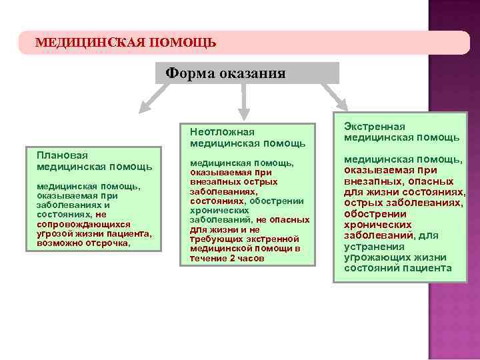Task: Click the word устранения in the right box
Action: click(371, 246)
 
